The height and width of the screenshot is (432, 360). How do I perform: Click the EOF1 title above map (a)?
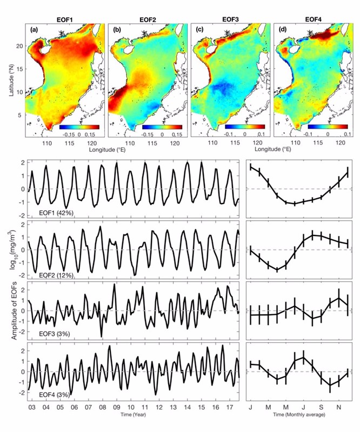(65, 20)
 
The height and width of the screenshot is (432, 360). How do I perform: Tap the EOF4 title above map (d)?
(314, 19)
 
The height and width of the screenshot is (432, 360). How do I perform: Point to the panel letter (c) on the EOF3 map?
(199, 30)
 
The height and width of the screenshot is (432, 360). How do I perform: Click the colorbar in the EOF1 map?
(79, 127)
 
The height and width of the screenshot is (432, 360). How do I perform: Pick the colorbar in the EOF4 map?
(328, 127)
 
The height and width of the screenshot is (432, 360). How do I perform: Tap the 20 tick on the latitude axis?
(20, 45)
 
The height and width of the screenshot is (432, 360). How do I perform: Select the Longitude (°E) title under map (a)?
(107, 150)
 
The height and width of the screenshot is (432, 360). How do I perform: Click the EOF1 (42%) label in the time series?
(56, 213)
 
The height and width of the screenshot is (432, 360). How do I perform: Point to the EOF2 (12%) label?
(56, 275)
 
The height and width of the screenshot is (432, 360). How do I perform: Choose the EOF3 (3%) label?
(55, 334)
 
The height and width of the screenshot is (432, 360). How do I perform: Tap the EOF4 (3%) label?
(55, 395)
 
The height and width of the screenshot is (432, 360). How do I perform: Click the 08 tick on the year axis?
(103, 408)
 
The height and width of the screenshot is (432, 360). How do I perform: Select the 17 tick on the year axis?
(229, 408)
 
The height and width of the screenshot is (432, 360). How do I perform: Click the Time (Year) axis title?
(133, 414)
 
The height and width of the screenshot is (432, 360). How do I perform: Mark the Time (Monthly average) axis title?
(299, 414)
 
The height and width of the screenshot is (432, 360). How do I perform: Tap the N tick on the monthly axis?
(339, 408)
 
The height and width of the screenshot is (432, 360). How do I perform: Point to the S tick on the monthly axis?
(321, 408)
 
